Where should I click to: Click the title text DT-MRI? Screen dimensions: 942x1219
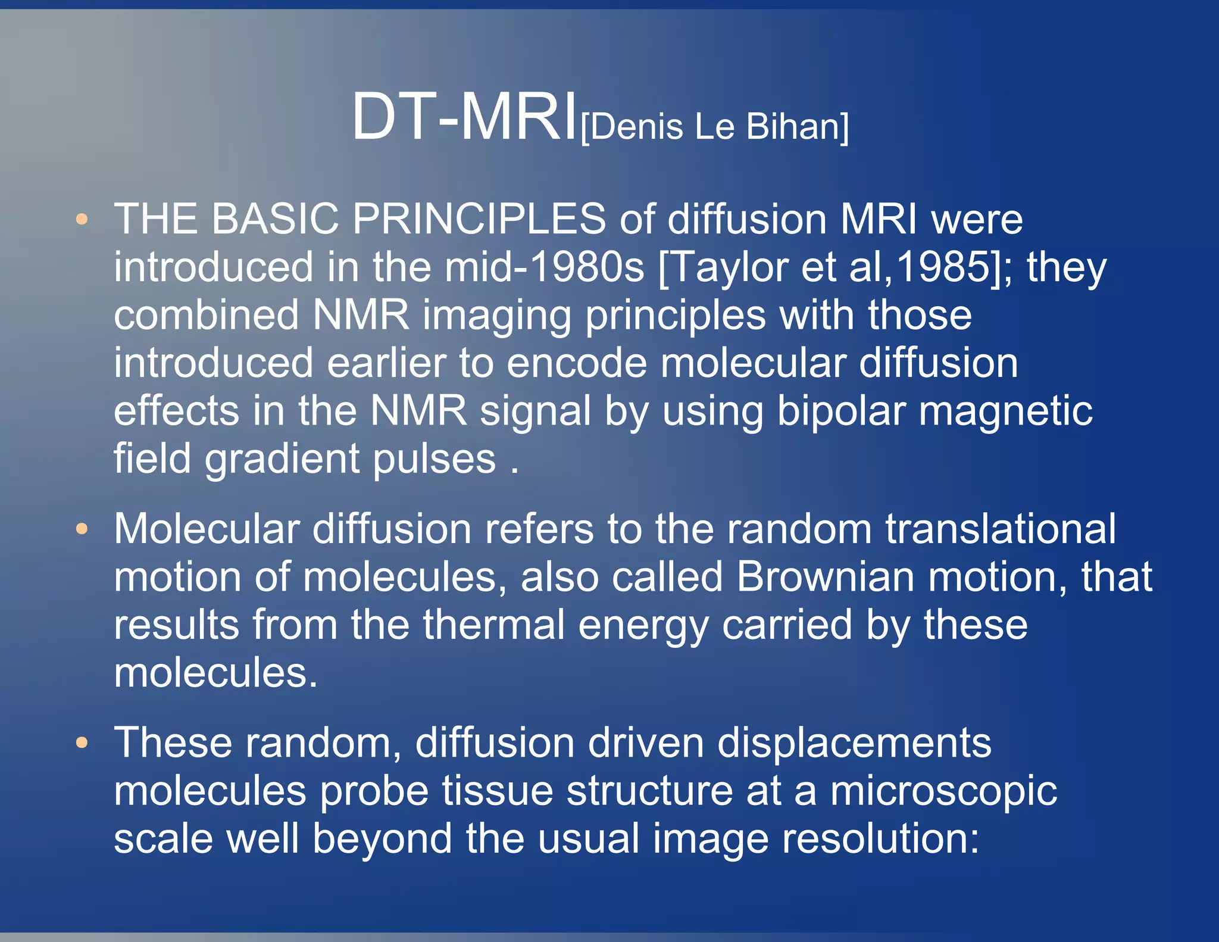coord(464,117)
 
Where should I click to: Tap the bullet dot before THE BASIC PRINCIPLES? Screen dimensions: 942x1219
coord(82,219)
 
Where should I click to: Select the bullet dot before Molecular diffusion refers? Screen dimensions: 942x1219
coord(82,529)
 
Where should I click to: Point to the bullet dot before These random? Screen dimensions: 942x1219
coord(82,743)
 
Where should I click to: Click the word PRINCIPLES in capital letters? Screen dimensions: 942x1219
coord(479,219)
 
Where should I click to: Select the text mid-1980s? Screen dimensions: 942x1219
coord(544,267)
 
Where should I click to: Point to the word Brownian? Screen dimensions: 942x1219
coord(825,577)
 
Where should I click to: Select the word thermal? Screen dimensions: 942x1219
coord(493,625)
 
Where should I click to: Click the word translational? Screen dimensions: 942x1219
coord(1000,529)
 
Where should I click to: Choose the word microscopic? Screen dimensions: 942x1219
coord(943,792)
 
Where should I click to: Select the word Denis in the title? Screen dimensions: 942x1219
coord(636,127)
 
